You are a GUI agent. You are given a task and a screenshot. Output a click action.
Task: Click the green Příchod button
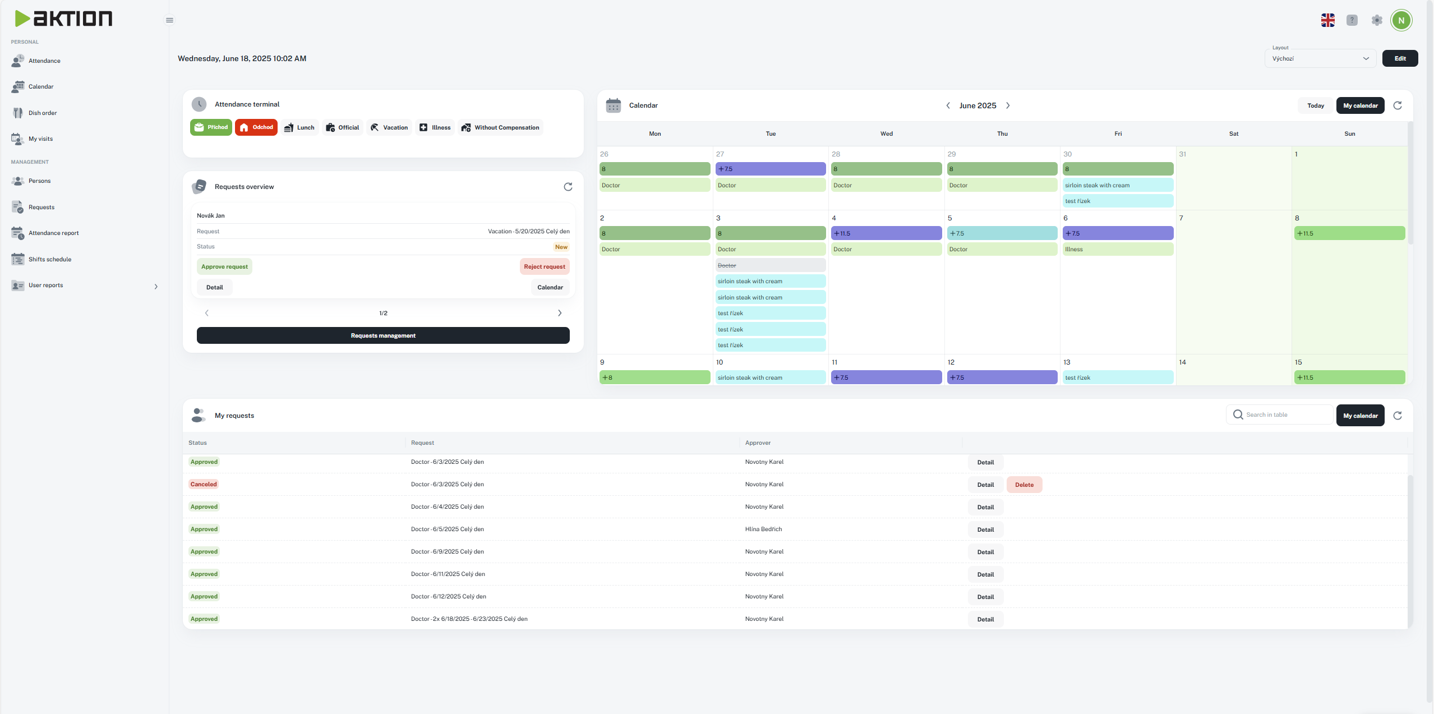click(x=211, y=127)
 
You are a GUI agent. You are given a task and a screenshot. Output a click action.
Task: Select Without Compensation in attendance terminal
click(x=500, y=127)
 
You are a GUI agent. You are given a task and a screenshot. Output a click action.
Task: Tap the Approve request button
click(x=224, y=266)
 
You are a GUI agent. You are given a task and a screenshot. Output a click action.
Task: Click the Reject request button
click(x=544, y=266)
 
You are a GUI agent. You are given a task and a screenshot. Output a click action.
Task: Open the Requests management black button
click(x=383, y=335)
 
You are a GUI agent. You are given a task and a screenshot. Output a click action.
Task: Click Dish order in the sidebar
click(x=43, y=113)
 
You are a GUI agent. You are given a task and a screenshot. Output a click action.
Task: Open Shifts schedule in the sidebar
click(x=50, y=259)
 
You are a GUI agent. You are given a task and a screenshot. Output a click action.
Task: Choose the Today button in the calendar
click(x=1315, y=105)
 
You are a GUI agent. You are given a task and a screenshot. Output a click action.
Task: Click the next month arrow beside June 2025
click(x=1008, y=105)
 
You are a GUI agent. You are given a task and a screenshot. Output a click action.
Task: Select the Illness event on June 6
click(x=1117, y=249)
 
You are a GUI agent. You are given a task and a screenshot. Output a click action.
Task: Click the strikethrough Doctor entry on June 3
click(x=770, y=265)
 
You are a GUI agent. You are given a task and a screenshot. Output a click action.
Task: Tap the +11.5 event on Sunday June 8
click(x=1349, y=233)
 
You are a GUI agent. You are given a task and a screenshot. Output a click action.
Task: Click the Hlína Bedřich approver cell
click(x=763, y=529)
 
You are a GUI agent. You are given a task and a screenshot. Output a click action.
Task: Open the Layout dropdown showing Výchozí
click(x=1320, y=58)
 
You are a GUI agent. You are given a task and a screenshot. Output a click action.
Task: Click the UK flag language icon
click(x=1327, y=20)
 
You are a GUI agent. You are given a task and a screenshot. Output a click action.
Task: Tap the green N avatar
click(x=1401, y=20)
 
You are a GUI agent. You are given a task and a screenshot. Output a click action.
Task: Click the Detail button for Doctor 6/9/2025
click(x=985, y=552)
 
